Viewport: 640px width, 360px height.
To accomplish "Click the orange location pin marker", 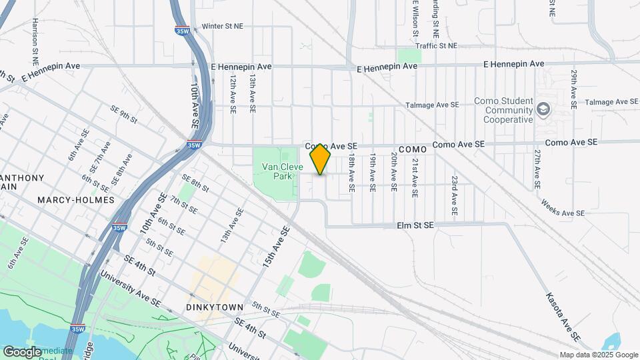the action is tap(320, 159).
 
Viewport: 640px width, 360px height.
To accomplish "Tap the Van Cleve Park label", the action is tap(278, 171).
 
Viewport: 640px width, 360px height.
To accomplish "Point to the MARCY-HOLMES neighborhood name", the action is tap(76, 199).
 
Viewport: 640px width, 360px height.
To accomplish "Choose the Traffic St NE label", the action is tap(436, 45).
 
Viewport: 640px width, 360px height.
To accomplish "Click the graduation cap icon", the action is tap(544, 109).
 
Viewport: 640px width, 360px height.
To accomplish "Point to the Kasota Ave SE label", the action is tap(559, 313).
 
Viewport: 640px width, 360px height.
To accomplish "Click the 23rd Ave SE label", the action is tap(454, 195).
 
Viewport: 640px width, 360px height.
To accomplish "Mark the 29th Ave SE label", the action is tap(573, 88).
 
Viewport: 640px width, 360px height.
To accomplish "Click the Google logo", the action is tap(22, 351).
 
